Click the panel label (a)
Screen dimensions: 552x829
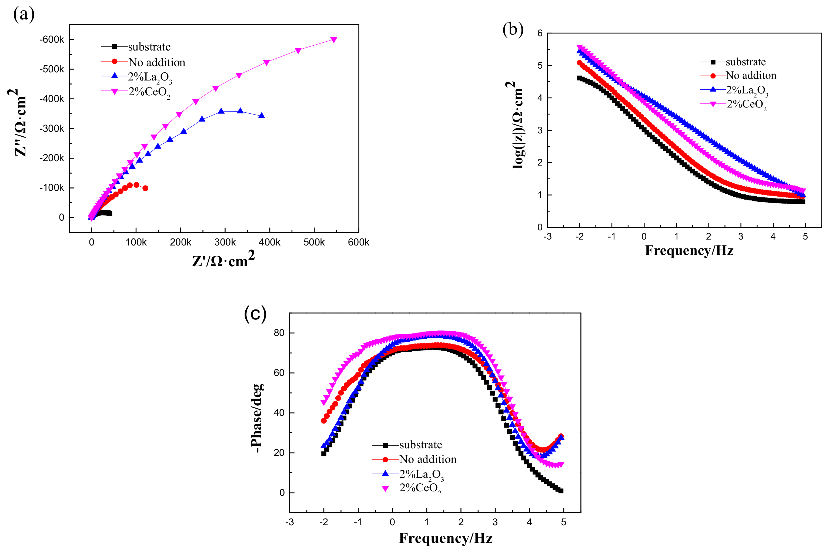click(24, 15)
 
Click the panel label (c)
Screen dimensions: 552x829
click(255, 313)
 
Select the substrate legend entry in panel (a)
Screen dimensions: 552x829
click(149, 47)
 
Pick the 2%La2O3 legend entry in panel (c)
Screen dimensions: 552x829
click(421, 474)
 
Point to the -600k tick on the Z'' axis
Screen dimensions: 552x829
click(52, 39)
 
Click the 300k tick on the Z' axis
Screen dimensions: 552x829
click(225, 242)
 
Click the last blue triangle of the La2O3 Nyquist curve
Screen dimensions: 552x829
click(262, 116)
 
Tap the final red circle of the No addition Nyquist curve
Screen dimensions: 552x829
click(145, 188)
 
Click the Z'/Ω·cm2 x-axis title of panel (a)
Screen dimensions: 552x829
click(223, 260)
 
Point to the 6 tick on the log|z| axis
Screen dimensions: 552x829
click(540, 33)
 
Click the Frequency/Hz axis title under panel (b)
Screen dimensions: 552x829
click(689, 251)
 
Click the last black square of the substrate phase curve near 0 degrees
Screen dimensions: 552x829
click(561, 491)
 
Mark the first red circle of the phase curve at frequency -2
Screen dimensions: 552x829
click(324, 421)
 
